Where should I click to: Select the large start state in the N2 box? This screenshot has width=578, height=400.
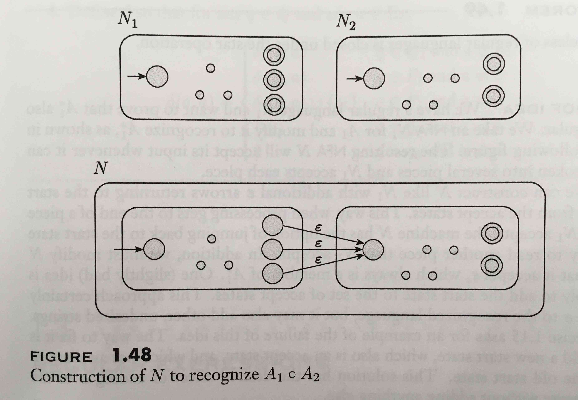(374, 78)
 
